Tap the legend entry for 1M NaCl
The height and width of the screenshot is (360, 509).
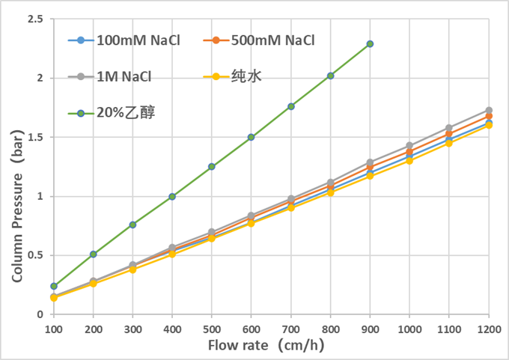point(120,76)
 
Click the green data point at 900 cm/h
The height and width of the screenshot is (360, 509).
point(370,44)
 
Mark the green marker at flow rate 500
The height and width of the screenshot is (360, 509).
point(212,167)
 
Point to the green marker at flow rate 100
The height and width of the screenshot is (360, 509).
point(54,286)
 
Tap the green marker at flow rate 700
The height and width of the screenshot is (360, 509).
point(291,106)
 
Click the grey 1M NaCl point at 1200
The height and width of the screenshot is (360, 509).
point(489,110)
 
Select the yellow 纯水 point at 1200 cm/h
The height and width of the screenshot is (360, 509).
point(489,125)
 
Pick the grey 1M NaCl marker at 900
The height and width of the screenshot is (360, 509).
point(370,162)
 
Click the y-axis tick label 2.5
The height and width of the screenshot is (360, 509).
point(34,19)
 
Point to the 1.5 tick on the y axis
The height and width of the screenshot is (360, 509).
point(34,137)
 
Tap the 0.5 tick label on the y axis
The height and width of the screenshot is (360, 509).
point(34,255)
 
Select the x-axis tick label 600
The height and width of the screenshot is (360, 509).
point(252,329)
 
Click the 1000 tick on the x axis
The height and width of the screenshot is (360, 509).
point(409,329)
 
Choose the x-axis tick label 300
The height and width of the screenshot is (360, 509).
point(132,329)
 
